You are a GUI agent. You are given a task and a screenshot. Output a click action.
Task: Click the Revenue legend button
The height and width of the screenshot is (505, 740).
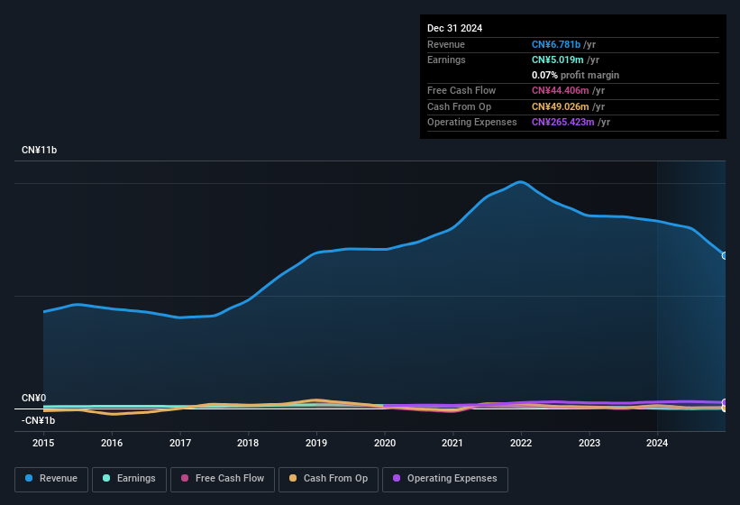51,479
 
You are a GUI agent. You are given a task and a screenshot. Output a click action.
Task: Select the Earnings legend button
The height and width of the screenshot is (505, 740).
129,479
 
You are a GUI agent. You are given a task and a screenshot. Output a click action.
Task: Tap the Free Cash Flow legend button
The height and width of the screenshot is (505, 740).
222,479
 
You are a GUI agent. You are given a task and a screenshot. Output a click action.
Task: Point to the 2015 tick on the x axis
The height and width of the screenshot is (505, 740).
43,443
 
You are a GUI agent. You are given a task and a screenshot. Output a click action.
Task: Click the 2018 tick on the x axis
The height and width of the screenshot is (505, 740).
248,443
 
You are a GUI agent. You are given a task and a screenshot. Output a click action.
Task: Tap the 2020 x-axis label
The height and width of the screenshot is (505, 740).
385,443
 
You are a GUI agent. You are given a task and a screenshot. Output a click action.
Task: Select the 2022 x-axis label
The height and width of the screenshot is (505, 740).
521,443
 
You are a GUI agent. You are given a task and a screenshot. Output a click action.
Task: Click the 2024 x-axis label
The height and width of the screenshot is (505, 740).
657,443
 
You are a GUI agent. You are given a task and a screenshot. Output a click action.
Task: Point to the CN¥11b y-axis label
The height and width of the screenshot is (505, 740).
40,150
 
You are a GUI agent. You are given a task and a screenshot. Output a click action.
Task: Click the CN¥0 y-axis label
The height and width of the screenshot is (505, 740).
34,398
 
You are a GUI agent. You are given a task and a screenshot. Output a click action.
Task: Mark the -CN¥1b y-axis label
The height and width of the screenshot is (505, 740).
39,420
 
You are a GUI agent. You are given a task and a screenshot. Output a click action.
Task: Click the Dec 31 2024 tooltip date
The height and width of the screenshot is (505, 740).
454,28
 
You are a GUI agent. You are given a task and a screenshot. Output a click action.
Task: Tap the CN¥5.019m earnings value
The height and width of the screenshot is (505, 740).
559,60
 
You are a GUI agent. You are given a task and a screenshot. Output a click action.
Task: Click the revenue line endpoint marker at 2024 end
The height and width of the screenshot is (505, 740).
725,255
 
